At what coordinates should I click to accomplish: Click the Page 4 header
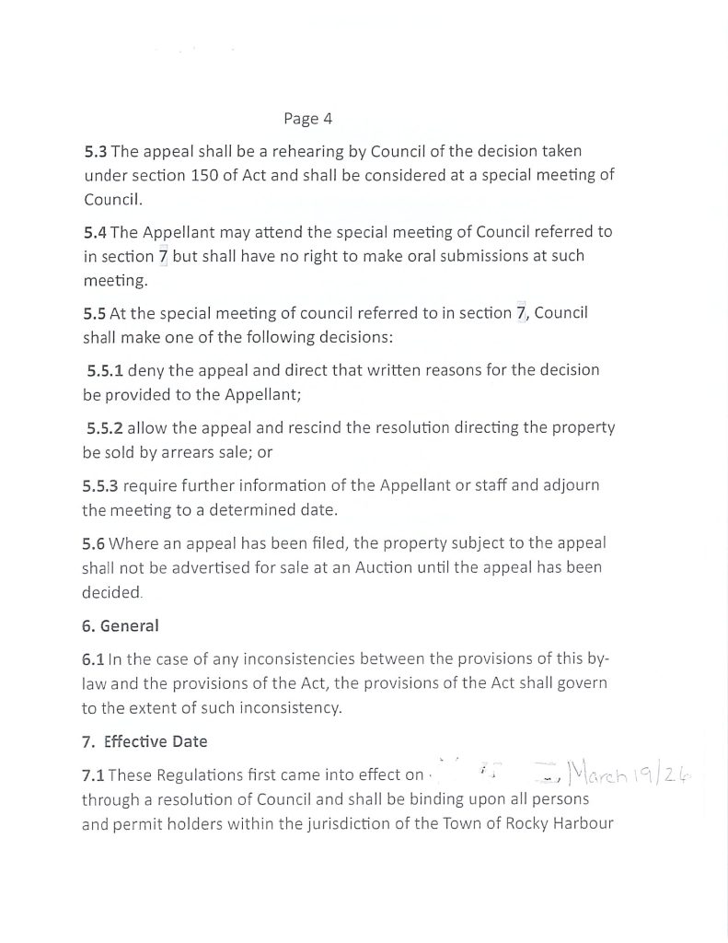pyautogui.click(x=307, y=119)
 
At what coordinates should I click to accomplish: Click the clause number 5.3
pyautogui.click(x=95, y=151)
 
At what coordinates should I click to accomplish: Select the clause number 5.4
pyautogui.click(x=95, y=232)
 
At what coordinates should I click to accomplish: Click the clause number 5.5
pyautogui.click(x=95, y=313)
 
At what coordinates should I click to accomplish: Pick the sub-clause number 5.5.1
pyautogui.click(x=105, y=370)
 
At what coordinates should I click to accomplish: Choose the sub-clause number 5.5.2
pyautogui.click(x=105, y=428)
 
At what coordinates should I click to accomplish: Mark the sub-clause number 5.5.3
pyautogui.click(x=100, y=485)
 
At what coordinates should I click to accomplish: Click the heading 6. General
pyautogui.click(x=120, y=626)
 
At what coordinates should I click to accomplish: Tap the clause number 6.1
pyautogui.click(x=93, y=660)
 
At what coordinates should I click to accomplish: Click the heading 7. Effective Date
pyautogui.click(x=144, y=741)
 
